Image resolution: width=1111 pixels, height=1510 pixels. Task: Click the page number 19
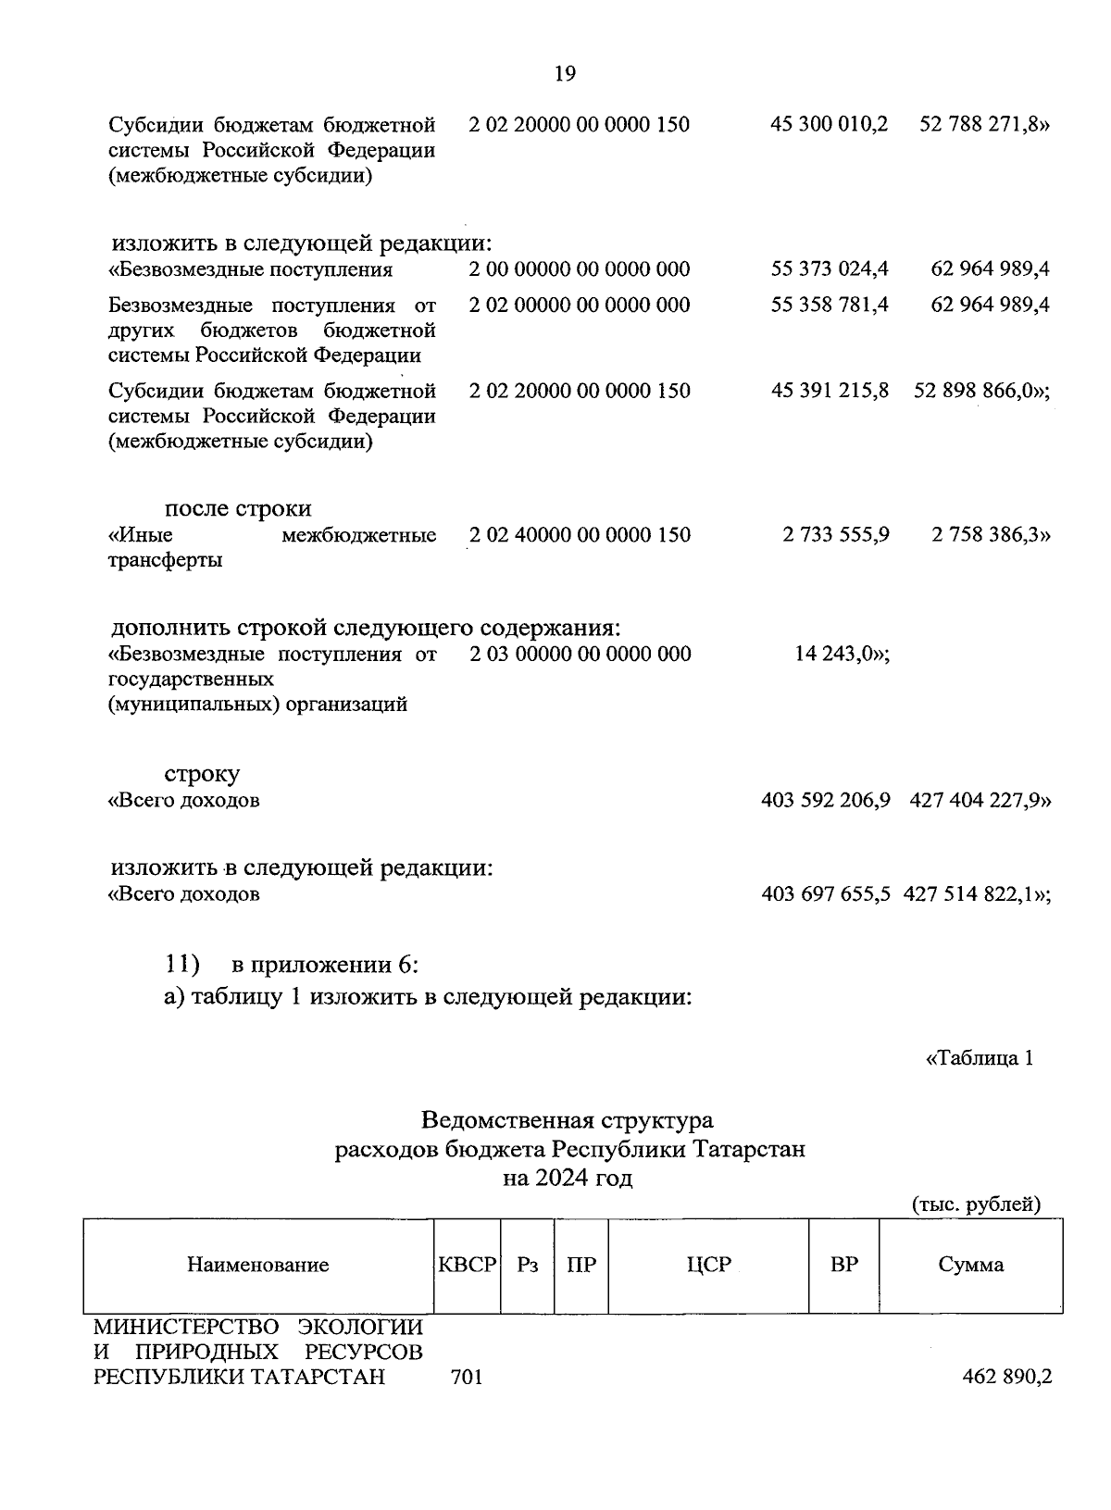pos(565,74)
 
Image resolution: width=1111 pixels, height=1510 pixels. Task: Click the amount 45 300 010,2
pos(829,124)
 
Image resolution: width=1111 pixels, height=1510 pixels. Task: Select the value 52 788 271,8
pos(983,124)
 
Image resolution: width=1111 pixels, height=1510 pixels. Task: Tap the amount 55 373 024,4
pos(830,269)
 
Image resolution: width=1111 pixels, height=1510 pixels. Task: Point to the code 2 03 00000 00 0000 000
pos(580,655)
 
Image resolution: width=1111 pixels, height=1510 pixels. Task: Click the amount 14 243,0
pos(842,655)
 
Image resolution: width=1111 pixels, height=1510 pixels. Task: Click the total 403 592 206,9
pos(825,800)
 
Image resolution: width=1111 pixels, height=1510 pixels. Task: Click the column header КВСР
pos(468,1265)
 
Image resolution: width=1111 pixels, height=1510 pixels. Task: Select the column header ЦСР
pos(708,1265)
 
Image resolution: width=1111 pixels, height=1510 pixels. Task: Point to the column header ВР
pos(843,1265)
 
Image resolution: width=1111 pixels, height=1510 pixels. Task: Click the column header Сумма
pos(970,1265)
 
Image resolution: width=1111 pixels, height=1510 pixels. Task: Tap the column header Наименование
pos(258,1266)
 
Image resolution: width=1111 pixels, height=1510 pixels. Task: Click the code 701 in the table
pos(467,1377)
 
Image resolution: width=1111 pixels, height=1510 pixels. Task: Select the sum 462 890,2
pos(1007,1377)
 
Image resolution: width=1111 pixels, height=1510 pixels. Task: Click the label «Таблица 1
pos(979,1058)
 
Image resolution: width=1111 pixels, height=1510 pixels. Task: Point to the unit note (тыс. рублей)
pos(976,1204)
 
